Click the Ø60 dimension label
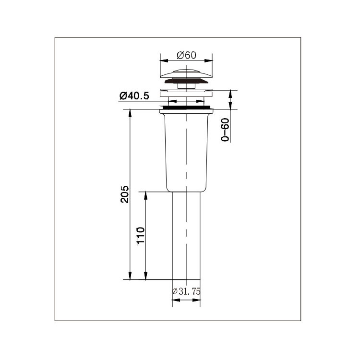[186, 55]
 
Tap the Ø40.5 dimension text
[134, 96]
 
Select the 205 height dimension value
[125, 194]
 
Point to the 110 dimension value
[141, 236]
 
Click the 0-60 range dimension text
[225, 130]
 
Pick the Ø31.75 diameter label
[186, 291]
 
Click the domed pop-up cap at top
[186, 73]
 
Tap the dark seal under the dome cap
[186, 81]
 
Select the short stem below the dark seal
[186, 86]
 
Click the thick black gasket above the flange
[186, 107]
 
